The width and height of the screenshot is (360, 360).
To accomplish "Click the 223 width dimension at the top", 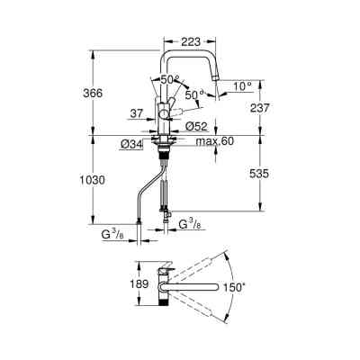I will tap(190, 41).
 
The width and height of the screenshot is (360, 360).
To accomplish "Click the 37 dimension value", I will tap(137, 113).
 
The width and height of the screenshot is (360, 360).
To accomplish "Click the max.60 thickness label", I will tap(214, 142).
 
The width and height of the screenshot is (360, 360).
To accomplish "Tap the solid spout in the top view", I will tap(193, 287).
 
